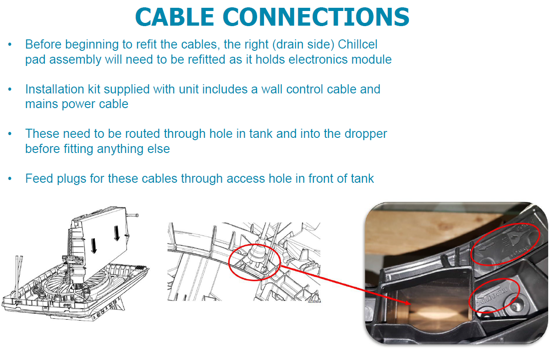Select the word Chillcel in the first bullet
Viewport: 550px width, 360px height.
point(352,44)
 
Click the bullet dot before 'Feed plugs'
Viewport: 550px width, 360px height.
point(10,179)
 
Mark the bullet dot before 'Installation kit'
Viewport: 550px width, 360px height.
point(10,89)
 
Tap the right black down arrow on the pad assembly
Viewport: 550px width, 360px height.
point(116,234)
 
